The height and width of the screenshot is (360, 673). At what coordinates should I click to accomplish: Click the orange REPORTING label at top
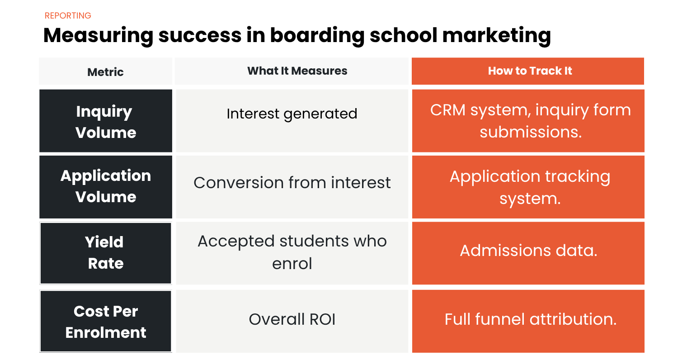pyautogui.click(x=68, y=16)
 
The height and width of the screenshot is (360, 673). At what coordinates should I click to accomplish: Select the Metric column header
pyautogui.click(x=105, y=72)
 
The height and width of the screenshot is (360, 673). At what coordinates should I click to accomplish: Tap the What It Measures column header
pyautogui.click(x=297, y=71)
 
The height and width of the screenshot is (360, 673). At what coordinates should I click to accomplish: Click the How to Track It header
pyautogui.click(x=530, y=71)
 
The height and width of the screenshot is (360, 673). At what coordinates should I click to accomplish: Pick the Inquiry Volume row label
pyautogui.click(x=105, y=122)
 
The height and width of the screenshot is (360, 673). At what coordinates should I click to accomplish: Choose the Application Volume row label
pyautogui.click(x=105, y=186)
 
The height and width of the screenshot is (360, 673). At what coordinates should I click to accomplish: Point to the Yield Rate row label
pyautogui.click(x=105, y=252)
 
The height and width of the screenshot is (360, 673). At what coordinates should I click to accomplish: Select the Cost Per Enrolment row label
pyautogui.click(x=105, y=322)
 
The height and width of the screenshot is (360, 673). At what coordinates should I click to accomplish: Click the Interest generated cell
pyautogui.click(x=292, y=114)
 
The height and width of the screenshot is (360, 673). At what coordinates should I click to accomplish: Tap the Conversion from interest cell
pyautogui.click(x=292, y=183)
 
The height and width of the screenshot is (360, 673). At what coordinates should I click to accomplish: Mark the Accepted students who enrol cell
pyautogui.click(x=292, y=252)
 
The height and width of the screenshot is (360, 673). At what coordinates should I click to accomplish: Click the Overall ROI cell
pyautogui.click(x=292, y=319)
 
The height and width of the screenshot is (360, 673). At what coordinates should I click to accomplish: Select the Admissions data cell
pyautogui.click(x=528, y=250)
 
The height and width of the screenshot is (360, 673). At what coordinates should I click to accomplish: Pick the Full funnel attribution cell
pyautogui.click(x=530, y=319)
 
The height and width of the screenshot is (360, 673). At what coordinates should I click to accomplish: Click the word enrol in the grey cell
pyautogui.click(x=292, y=263)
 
